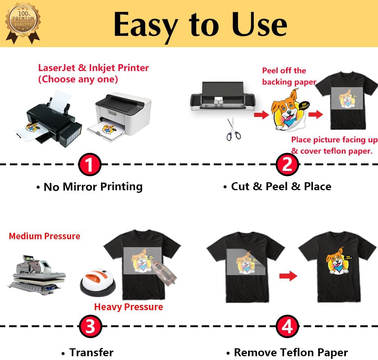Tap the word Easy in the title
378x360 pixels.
[x=145, y=25]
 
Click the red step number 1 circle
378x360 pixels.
[x=90, y=165]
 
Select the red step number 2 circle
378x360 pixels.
[x=287, y=165]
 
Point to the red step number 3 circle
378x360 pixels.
[x=90, y=327]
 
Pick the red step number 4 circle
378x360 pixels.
[x=287, y=327]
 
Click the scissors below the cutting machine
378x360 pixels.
[x=234, y=129]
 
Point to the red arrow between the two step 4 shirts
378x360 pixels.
[x=288, y=276]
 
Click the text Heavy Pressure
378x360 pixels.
[x=128, y=307]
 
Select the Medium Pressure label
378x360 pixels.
[x=45, y=236]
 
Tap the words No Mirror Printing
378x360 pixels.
[x=93, y=187]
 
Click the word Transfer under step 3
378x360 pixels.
[x=91, y=353]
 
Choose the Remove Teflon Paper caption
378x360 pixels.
[x=291, y=353]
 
